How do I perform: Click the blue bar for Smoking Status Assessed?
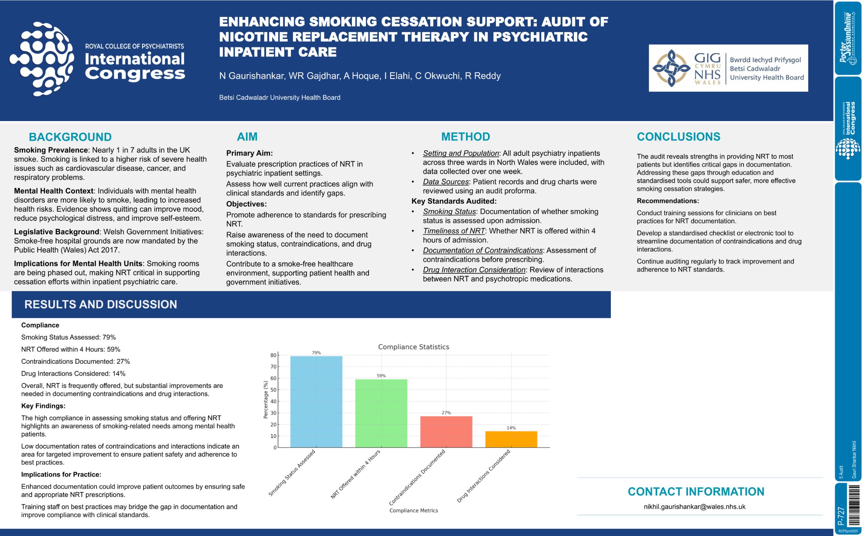tap(316, 402)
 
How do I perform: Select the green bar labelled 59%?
tap(381, 413)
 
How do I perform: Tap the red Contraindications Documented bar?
tap(446, 432)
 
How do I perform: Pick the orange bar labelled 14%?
tap(511, 439)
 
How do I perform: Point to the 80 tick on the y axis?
tap(273, 355)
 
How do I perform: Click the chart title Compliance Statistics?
tap(414, 347)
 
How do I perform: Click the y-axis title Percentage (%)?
tap(265, 400)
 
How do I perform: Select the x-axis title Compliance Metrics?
tap(414, 510)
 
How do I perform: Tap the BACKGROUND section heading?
tap(70, 137)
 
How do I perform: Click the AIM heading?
tap(247, 137)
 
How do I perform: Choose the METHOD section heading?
tap(465, 137)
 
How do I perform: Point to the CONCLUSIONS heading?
tap(679, 137)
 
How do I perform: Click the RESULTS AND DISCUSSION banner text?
tap(101, 304)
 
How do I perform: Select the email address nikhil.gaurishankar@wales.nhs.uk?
tap(694, 506)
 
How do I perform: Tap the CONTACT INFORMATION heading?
tap(696, 491)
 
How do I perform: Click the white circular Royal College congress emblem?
tap(42, 59)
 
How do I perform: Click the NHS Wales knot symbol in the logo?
tap(671, 68)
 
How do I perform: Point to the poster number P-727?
tap(841, 516)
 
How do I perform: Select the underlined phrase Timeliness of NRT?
tap(454, 231)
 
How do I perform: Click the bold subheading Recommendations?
tap(668, 201)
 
